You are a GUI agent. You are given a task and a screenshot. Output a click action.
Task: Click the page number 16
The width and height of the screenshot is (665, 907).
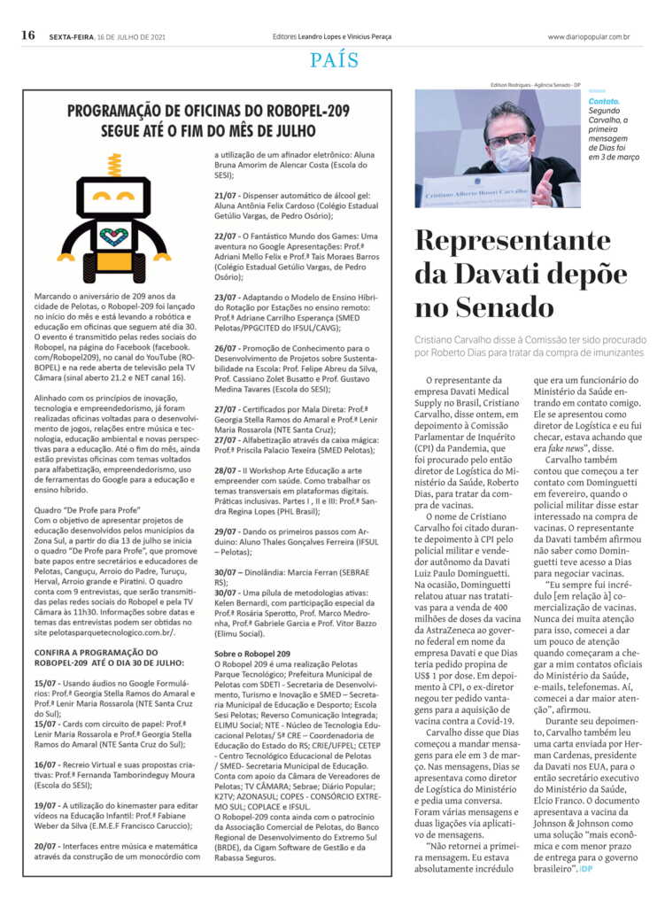pyautogui.click(x=28, y=35)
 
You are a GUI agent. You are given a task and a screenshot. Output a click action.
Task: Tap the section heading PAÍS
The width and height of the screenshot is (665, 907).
pyautogui.click(x=335, y=60)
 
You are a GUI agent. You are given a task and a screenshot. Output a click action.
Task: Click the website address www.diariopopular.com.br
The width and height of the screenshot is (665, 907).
pyautogui.click(x=589, y=36)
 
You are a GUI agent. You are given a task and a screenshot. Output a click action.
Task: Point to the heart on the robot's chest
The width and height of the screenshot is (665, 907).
pyautogui.click(x=113, y=236)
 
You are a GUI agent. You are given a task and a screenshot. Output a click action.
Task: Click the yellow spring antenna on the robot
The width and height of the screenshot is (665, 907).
pyautogui.click(x=113, y=166)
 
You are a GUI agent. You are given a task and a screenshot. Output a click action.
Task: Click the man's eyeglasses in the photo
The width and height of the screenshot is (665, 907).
pyautogui.click(x=511, y=139)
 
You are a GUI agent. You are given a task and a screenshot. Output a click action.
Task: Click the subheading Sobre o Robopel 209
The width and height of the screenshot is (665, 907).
pyautogui.click(x=252, y=654)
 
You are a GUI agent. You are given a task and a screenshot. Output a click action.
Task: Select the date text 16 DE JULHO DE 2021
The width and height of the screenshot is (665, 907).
pyautogui.click(x=132, y=36)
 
